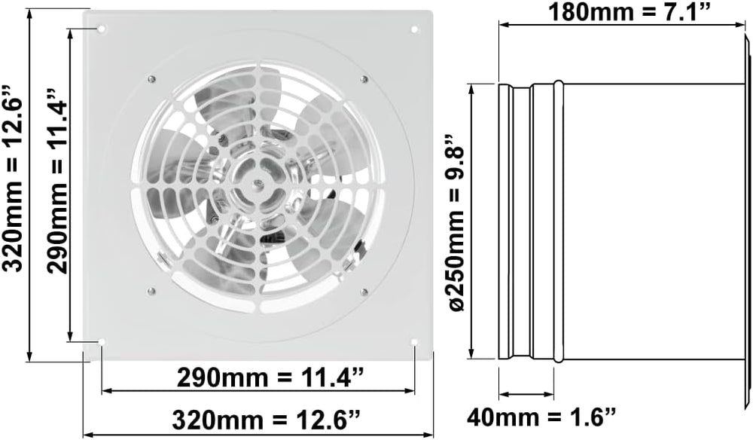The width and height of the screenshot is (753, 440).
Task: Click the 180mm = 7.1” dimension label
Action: pos(629,11)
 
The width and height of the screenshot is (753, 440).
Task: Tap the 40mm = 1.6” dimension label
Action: pos(541,415)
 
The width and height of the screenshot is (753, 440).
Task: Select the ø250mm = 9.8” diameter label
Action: pos(456,222)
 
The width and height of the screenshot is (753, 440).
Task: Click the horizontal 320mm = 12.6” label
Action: pos(266,420)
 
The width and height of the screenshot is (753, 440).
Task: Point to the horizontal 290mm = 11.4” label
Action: pos(270,377)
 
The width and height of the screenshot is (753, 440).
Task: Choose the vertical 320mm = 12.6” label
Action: pos(12,179)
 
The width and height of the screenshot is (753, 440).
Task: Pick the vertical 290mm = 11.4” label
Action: pos(58,181)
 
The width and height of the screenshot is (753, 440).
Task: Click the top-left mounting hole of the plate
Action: pos(102,30)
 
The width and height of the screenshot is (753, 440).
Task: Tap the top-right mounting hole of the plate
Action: pos(414,30)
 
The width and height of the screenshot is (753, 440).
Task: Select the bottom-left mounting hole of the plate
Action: pos(102,342)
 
